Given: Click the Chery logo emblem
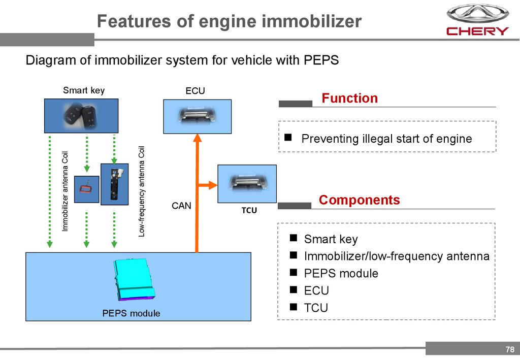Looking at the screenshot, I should pyautogui.click(x=477, y=14).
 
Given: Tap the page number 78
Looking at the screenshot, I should pyautogui.click(x=510, y=349).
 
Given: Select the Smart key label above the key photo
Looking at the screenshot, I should pyautogui.click(x=84, y=90).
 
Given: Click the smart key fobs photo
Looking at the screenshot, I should pyautogui.click(x=81, y=115).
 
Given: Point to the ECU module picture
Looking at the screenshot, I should pyautogui.click(x=197, y=116).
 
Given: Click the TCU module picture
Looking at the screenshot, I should pyautogui.click(x=247, y=184).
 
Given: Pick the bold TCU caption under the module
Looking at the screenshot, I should pyautogui.click(x=249, y=210).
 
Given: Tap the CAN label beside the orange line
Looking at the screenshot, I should pyautogui.click(x=181, y=206).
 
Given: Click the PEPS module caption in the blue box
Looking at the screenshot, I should pyautogui.click(x=131, y=313).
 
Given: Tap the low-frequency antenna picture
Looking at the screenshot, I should pyautogui.click(x=114, y=184).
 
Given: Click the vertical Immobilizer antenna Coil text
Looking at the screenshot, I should pyautogui.click(x=65, y=191).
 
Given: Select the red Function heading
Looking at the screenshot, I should pyautogui.click(x=350, y=98).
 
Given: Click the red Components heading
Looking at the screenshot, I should pyautogui.click(x=359, y=200).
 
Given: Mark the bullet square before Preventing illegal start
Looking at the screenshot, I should pyautogui.click(x=288, y=137).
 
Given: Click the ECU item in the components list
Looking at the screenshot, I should pyautogui.click(x=316, y=290).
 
